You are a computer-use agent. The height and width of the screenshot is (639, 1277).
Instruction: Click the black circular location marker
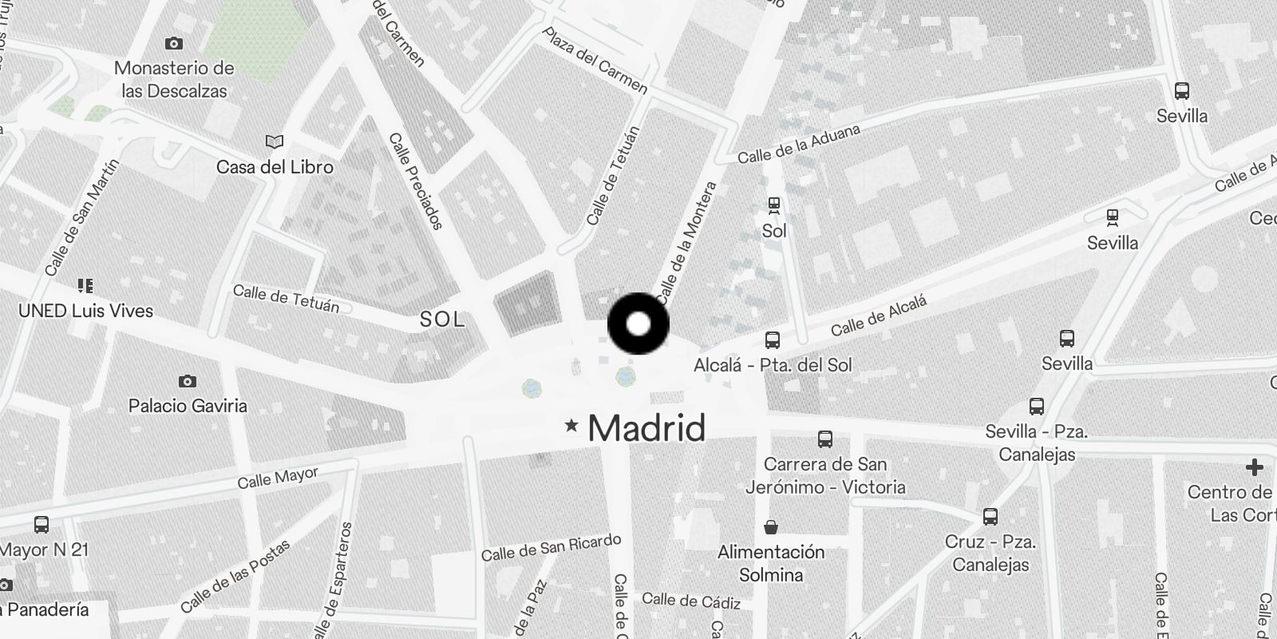tap(638, 324)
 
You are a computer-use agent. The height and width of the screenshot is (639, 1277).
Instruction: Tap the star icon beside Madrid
tap(571, 426)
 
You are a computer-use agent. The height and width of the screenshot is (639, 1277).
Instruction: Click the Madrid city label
tap(646, 429)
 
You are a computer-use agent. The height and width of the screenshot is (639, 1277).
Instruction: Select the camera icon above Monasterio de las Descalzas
tap(173, 43)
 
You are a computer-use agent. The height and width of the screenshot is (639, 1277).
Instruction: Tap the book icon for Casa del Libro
tap(274, 142)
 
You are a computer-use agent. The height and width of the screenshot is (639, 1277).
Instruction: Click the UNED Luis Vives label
tap(85, 311)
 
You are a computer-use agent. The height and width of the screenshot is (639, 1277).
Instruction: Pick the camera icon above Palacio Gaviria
tap(187, 381)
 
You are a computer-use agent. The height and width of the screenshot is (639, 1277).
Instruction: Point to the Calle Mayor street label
tap(278, 478)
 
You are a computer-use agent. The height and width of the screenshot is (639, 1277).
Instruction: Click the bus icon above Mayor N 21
tap(42, 525)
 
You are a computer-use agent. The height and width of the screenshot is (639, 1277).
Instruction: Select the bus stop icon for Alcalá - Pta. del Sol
tap(772, 340)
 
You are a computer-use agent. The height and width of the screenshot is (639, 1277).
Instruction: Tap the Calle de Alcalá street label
tap(879, 316)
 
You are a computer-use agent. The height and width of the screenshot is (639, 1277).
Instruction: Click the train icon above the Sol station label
tap(773, 205)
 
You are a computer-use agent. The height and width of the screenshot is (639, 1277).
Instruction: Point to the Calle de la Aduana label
tap(798, 144)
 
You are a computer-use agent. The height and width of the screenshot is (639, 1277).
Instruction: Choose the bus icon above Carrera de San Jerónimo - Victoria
tap(824, 439)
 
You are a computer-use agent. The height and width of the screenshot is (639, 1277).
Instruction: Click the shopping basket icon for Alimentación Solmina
tap(771, 526)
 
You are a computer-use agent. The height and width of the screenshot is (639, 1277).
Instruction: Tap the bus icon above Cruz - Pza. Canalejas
tap(990, 516)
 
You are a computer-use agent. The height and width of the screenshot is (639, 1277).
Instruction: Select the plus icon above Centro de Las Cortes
tap(1254, 466)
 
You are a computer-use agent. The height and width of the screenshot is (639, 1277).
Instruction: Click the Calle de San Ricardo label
tap(551, 547)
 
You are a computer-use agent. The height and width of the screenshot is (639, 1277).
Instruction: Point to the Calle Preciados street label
tap(415, 181)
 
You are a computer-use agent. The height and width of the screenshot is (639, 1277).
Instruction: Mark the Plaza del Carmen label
tap(595, 60)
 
